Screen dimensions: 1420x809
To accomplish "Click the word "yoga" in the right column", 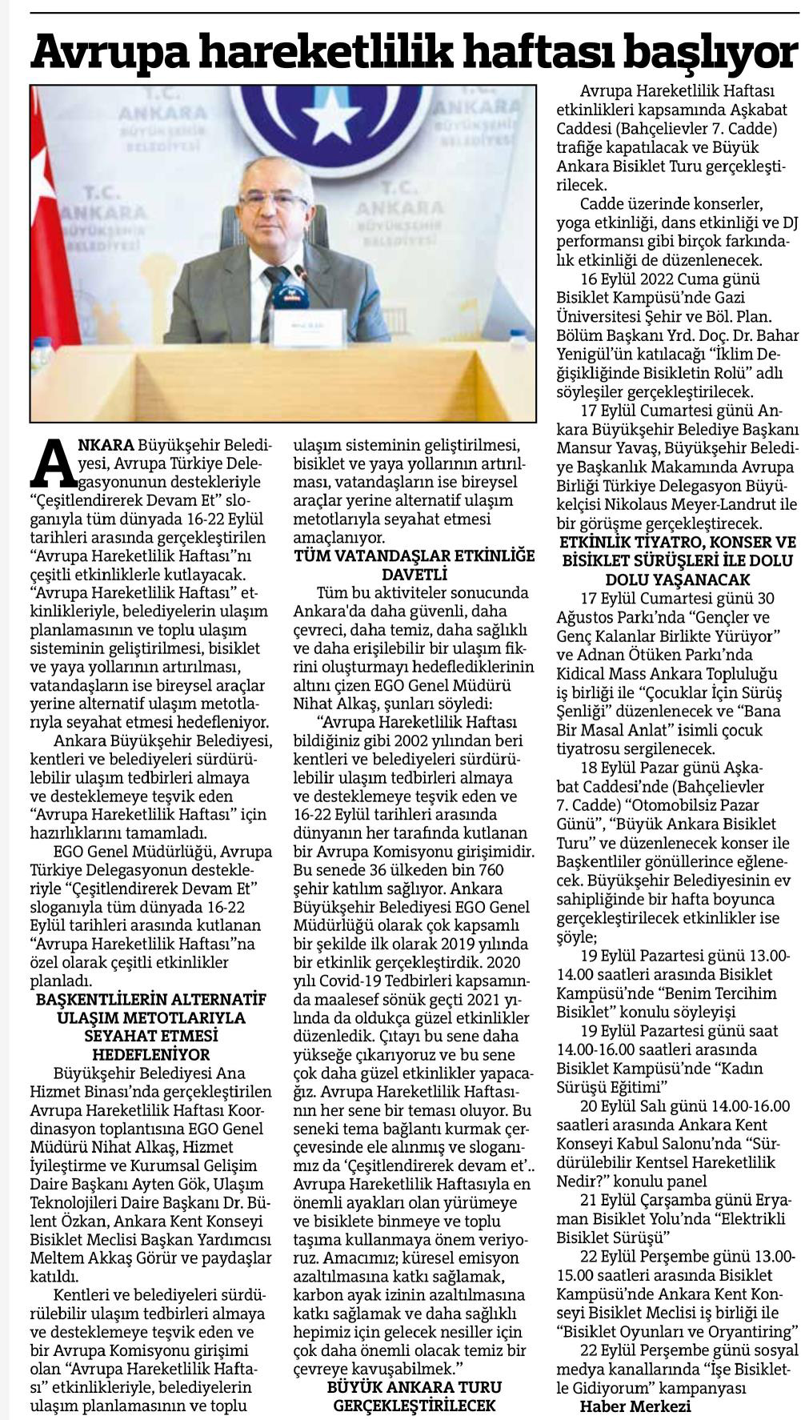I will [574, 222].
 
